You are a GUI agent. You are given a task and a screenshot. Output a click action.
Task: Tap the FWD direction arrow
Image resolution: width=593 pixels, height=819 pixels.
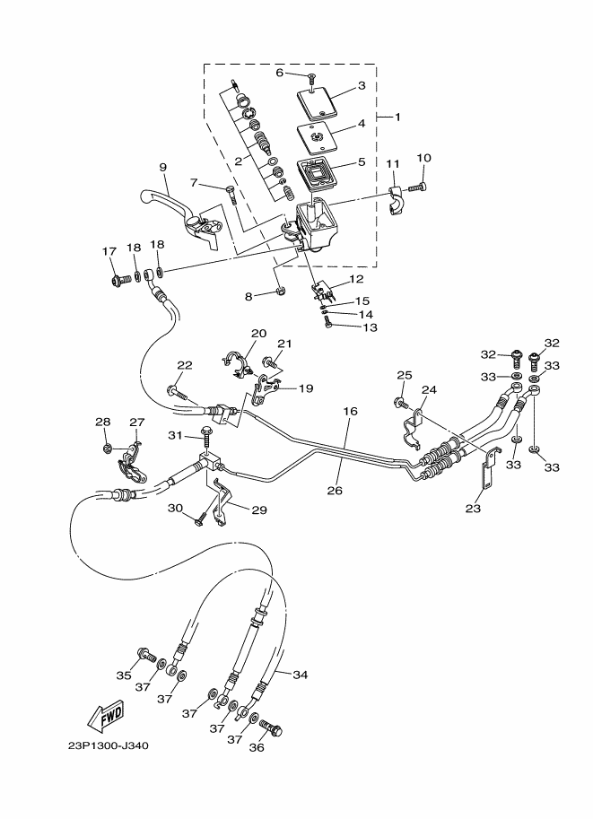pyautogui.click(x=106, y=715)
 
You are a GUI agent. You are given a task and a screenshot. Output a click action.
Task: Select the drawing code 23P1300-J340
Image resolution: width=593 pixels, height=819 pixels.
pyautogui.click(x=109, y=745)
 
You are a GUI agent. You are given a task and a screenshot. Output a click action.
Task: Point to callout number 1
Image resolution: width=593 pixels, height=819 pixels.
pyautogui.click(x=397, y=117)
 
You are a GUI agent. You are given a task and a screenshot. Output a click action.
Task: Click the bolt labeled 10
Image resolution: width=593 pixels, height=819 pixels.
pyautogui.click(x=417, y=187)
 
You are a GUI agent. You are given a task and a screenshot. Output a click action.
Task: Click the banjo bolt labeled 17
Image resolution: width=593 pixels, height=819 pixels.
pyautogui.click(x=119, y=280)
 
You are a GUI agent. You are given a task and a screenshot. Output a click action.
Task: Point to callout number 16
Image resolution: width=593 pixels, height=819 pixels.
pyautogui.click(x=350, y=411)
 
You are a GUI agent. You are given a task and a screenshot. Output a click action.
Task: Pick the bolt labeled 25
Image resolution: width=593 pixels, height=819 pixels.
pyautogui.click(x=402, y=402)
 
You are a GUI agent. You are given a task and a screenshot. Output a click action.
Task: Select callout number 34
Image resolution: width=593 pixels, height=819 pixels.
pyautogui.click(x=300, y=675)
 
